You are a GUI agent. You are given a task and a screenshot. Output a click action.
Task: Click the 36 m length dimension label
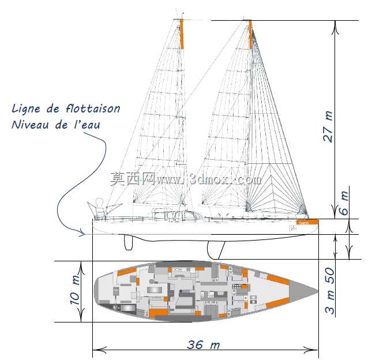pos(204,345)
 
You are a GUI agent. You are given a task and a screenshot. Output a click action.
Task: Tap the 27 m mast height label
pos(328,127)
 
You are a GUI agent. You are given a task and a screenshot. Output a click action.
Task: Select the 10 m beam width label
pos(75,290)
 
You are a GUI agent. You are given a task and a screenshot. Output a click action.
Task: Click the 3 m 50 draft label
pos(330,291)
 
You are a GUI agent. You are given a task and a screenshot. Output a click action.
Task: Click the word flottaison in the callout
pos(93,108)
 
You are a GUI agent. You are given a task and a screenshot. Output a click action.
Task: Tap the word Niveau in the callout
pos(30,125)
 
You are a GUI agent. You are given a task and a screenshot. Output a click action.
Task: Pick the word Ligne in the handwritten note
pos(26,109)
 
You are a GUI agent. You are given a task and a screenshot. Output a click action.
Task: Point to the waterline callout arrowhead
pos(82,232)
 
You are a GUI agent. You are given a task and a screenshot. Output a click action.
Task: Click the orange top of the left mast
pos(182,33)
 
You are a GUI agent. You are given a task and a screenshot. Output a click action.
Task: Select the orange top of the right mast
pos(250,35)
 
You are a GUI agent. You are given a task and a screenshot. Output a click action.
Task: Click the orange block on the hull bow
pos(307,222)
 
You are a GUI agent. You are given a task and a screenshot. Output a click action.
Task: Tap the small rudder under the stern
pos(129,242)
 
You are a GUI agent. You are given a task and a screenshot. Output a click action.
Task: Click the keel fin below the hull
pos(216,250)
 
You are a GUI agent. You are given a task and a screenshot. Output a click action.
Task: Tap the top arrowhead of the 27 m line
pos(335,27)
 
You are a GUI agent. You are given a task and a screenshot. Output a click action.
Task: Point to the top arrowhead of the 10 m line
pos(81,268)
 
